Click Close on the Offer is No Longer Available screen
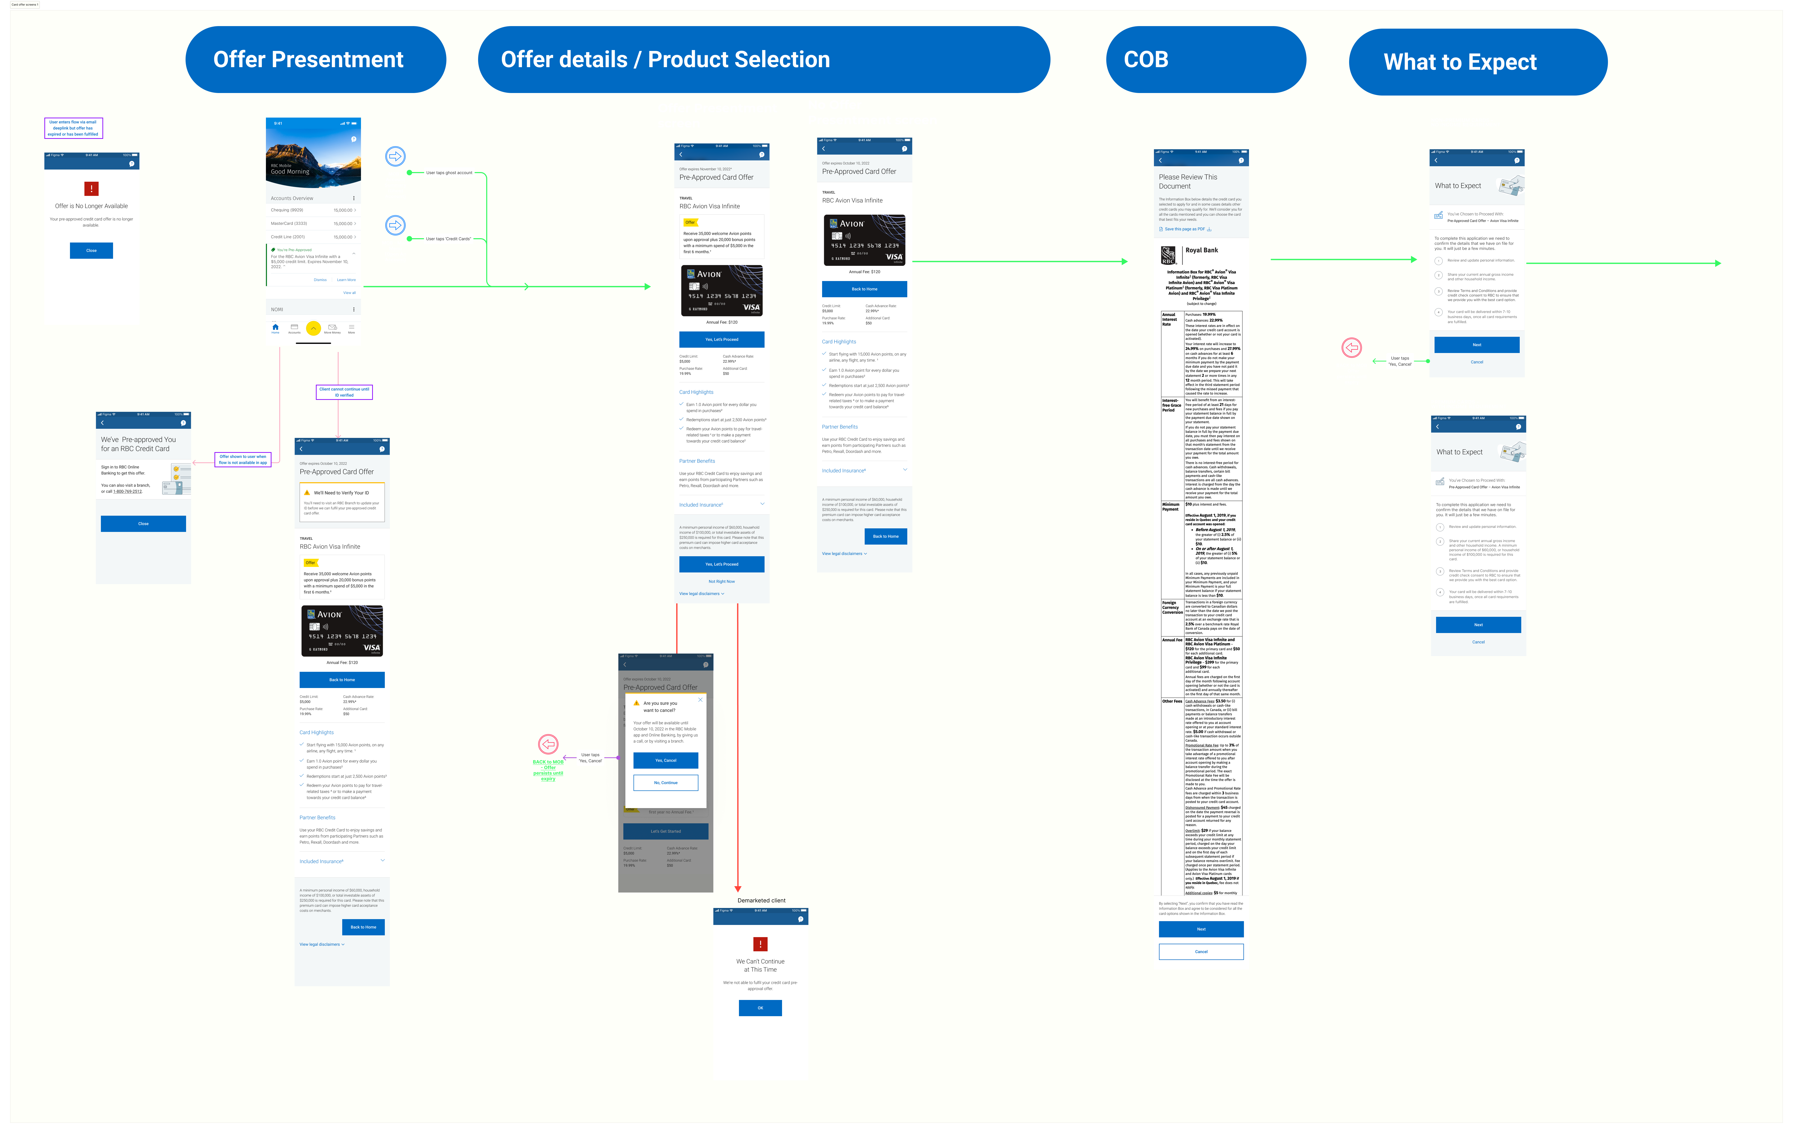92,250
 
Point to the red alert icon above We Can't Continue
760,944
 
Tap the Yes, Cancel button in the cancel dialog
666,760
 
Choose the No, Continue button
666,782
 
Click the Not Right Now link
721,581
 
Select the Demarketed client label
761,900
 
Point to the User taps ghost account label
449,173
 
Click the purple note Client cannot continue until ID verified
344,392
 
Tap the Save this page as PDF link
1185,229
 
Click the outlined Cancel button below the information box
1201,951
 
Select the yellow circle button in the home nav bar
314,328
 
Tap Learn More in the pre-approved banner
346,280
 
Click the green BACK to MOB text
548,761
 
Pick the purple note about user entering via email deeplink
73,128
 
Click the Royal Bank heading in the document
1202,250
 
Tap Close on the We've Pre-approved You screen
143,523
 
